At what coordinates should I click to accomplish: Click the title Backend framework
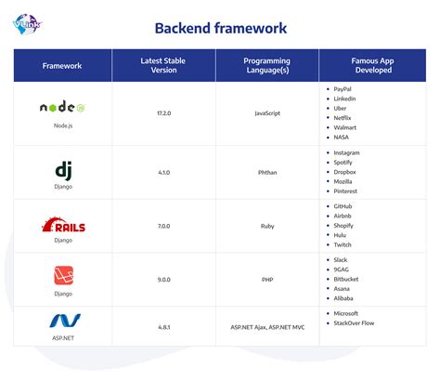click(220, 28)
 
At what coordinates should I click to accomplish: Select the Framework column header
click(62, 66)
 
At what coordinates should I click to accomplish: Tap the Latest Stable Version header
click(164, 66)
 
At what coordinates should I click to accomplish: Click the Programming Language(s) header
click(267, 66)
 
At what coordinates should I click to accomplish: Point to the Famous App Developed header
click(370, 66)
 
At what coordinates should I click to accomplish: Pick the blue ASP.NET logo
click(62, 321)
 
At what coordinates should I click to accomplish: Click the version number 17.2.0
click(164, 113)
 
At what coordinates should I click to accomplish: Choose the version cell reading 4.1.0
click(164, 172)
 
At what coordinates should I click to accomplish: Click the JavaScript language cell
click(267, 113)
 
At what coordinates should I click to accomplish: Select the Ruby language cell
click(267, 225)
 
